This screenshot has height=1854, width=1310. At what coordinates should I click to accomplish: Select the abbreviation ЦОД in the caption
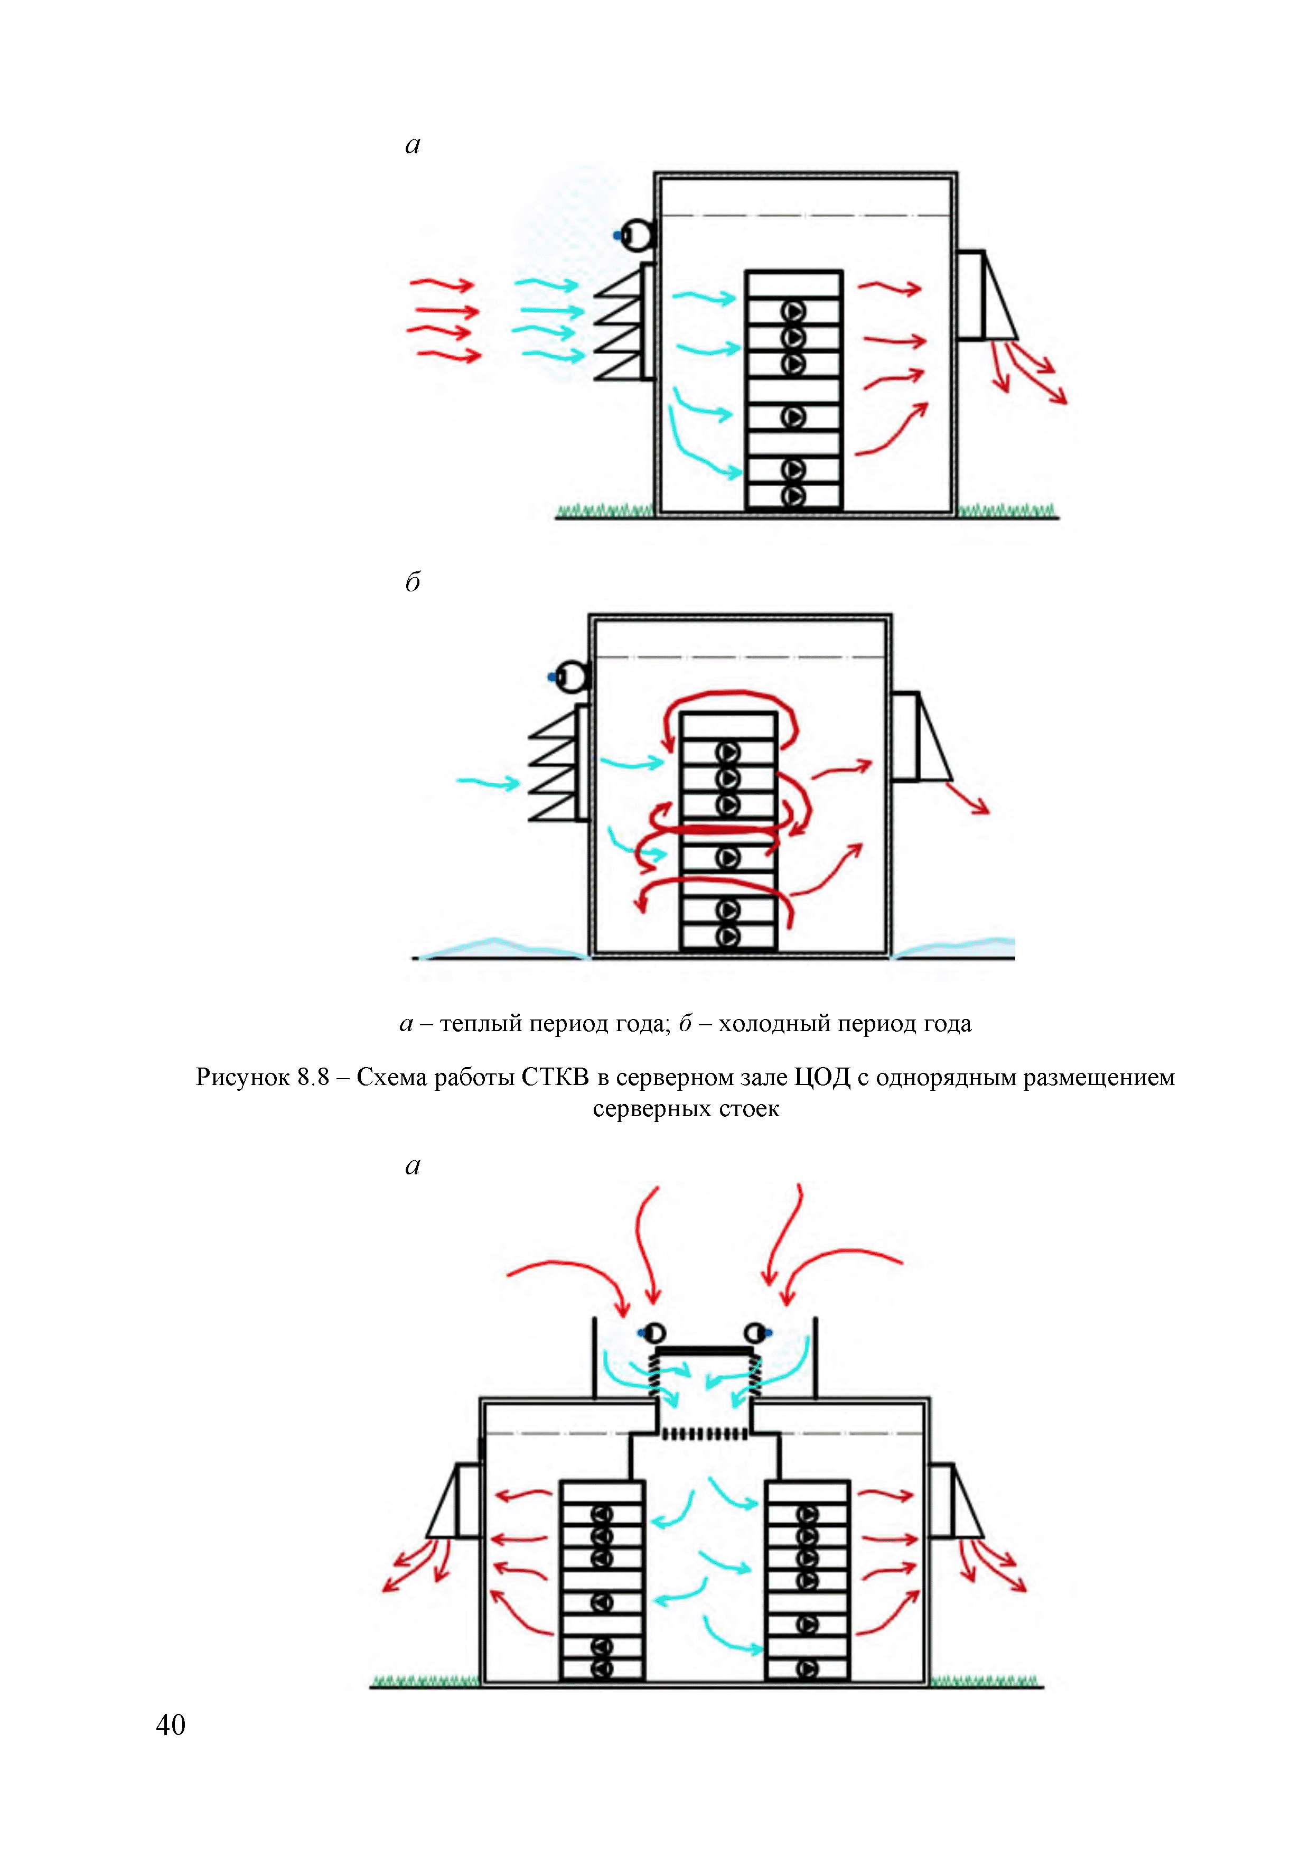[x=822, y=1077]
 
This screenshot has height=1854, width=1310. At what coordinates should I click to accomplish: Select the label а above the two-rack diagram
[x=413, y=1166]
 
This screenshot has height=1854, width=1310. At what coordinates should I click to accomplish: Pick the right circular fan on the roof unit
[x=756, y=1331]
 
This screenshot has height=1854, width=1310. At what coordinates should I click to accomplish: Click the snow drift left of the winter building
[x=500, y=948]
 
